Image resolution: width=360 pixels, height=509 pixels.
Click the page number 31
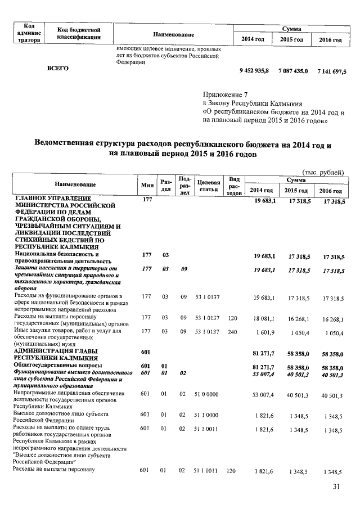click(336, 487)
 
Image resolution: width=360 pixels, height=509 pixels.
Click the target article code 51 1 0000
click(207, 414)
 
